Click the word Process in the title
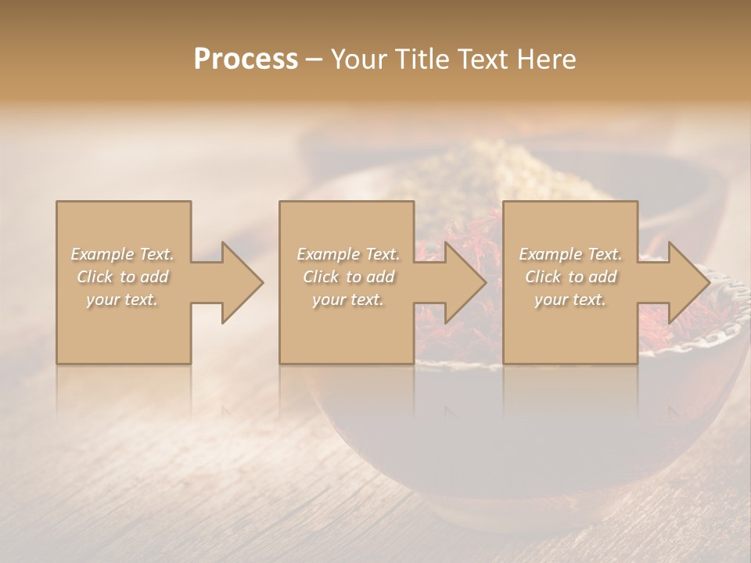[246, 59]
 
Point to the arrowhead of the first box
[239, 282]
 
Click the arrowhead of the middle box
[462, 282]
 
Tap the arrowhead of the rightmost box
[685, 282]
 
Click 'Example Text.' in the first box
[123, 254]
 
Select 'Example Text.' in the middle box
[348, 254]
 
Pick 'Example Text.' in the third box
[570, 254]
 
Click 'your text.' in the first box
[123, 299]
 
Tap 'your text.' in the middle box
[348, 299]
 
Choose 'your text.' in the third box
[570, 299]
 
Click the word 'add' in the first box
[154, 277]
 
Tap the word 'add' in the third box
[602, 277]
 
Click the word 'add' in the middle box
[380, 277]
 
